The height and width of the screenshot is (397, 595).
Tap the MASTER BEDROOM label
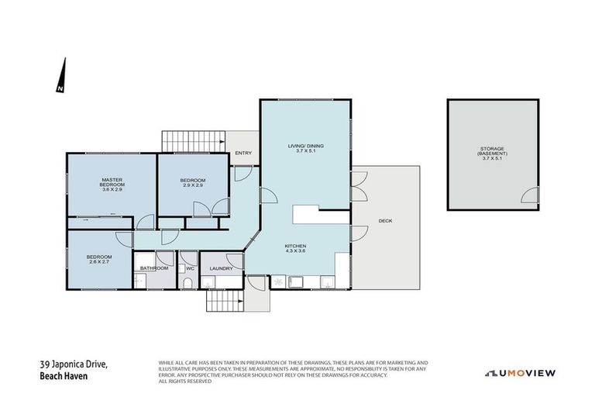coord(112,183)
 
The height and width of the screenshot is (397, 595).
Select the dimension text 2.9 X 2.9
coord(193,185)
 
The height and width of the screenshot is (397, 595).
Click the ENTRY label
coord(242,153)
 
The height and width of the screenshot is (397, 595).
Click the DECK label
coord(385,221)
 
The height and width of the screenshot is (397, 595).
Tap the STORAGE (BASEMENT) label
coord(492,152)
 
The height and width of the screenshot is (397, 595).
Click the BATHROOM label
coord(154,268)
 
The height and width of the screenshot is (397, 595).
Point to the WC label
coord(189,268)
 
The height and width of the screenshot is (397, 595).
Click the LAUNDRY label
coord(221,268)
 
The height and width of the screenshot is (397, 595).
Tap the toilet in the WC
coord(190,284)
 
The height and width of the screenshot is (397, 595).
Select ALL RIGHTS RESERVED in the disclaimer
coord(184,381)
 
